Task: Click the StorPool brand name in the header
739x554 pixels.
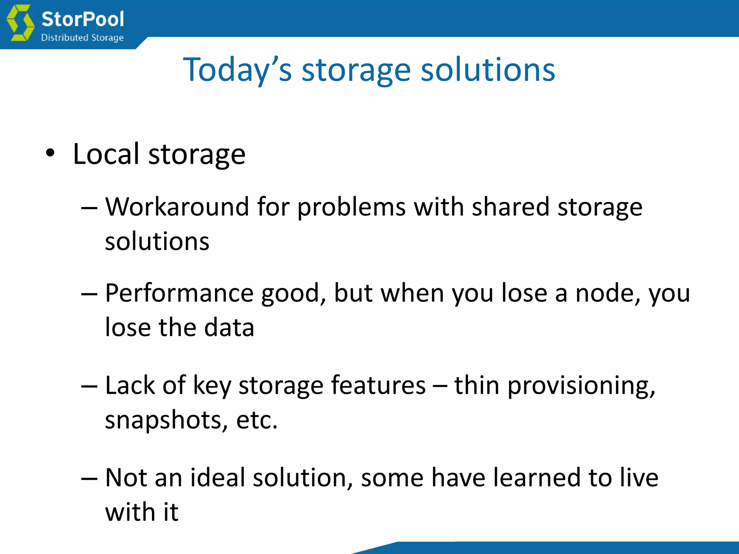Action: click(83, 19)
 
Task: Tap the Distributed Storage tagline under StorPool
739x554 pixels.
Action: click(82, 38)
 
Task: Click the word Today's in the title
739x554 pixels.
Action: click(237, 70)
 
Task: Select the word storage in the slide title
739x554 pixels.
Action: click(356, 71)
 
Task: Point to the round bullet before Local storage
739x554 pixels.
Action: click(50, 153)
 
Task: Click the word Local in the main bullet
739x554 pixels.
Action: click(106, 154)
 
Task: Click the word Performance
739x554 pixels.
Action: click(179, 293)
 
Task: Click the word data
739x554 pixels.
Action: click(229, 327)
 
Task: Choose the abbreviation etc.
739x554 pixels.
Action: click(257, 420)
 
